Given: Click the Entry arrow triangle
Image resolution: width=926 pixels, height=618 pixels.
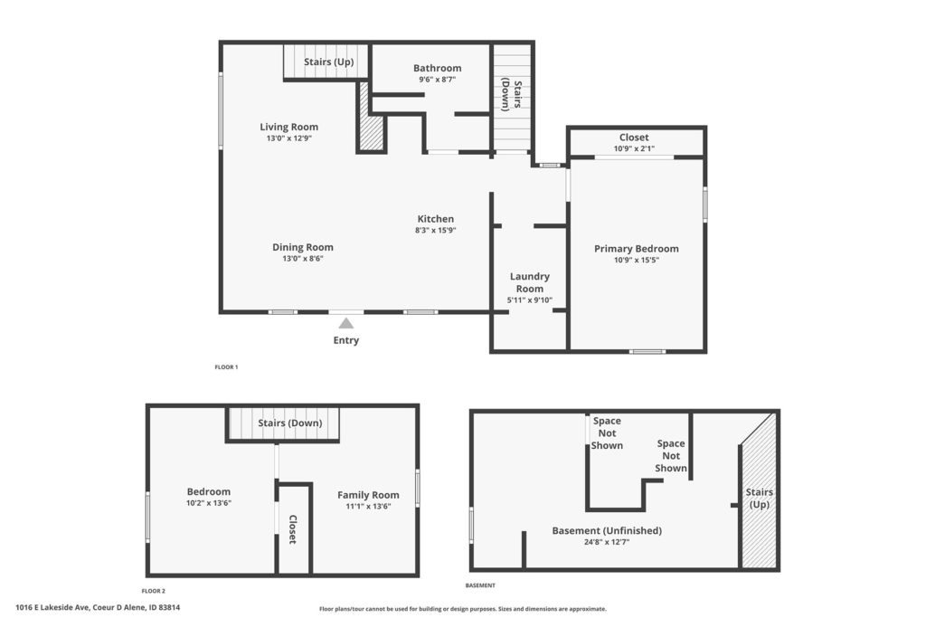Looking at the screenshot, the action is point(346,323).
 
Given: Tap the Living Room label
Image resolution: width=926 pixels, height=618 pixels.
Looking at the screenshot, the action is point(288,127).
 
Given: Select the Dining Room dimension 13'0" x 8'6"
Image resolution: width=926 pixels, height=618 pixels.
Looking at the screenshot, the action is point(303,258).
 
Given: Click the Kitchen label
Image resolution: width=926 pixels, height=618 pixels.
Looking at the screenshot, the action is point(436,219).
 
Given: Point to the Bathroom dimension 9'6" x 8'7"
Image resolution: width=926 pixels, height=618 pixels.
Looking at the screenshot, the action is point(438,79).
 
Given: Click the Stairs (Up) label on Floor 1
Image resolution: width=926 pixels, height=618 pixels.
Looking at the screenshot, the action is point(329,62).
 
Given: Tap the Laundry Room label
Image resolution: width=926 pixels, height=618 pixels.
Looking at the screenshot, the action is point(530,282).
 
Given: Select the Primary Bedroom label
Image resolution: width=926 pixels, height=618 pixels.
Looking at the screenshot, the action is point(636,249).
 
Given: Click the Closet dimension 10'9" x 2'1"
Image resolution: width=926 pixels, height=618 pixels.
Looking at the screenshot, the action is point(634,149).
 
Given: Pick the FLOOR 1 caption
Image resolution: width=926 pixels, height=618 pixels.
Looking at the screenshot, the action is point(226,366).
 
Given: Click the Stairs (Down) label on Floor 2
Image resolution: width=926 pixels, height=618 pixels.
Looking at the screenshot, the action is point(290,423).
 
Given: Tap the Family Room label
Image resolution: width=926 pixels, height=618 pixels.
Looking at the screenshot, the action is point(368,495).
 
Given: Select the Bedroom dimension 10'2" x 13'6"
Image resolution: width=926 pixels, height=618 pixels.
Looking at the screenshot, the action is point(209,503).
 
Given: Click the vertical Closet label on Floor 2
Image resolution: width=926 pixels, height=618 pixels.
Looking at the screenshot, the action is point(293,529).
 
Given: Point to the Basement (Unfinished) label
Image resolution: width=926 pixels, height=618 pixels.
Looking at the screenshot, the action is point(607,530).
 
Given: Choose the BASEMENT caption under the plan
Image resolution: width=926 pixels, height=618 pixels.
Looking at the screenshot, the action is point(480,585).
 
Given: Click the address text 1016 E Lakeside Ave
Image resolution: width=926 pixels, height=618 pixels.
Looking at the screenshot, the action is point(52,607).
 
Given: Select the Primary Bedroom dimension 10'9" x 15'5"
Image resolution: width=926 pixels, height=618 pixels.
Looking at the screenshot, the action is point(637,260).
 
